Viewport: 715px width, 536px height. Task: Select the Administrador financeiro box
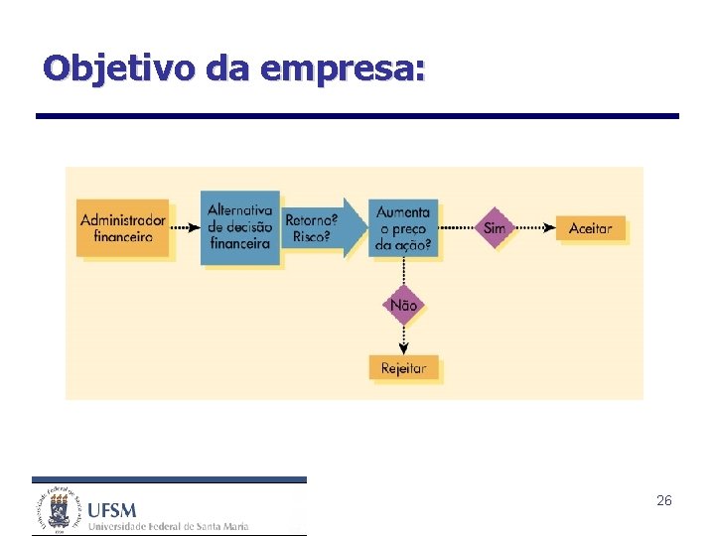click(123, 228)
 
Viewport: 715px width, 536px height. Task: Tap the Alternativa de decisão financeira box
click(239, 227)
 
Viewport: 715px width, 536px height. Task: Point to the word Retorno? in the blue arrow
click(311, 218)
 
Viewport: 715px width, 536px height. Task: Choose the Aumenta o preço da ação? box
click(403, 228)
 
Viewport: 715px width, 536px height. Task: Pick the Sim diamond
click(495, 228)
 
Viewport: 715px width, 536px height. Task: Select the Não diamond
click(404, 305)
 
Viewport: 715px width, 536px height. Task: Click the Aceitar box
click(591, 228)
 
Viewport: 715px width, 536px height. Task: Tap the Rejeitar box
click(403, 368)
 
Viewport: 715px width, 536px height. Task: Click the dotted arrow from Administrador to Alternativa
click(185, 227)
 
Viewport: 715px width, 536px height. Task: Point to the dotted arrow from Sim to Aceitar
click(534, 228)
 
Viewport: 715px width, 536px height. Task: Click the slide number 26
click(664, 501)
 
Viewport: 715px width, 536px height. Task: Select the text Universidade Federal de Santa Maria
click(168, 526)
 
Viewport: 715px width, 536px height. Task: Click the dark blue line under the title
click(357, 116)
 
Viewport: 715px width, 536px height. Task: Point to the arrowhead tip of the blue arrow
click(365, 228)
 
